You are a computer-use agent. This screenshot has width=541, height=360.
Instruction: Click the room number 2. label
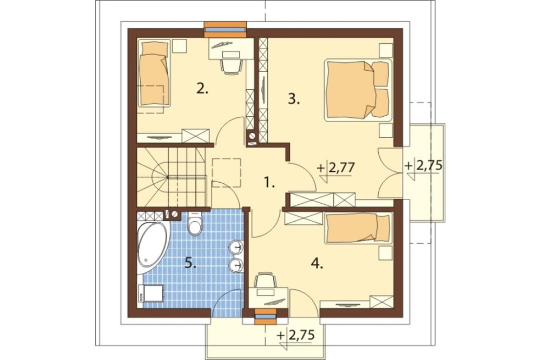coord(202,89)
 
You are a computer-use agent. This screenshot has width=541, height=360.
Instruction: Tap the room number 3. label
coord(294,99)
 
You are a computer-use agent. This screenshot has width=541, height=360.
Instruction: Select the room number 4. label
coord(316,264)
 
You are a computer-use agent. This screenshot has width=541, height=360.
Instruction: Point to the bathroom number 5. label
coord(190,264)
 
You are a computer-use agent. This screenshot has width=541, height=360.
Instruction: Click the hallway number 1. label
coord(269,182)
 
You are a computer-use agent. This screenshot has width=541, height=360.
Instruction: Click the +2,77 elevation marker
coord(336,168)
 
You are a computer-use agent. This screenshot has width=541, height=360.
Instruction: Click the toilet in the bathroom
coord(195,223)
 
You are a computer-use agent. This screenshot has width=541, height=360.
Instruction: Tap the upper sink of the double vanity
coord(236,246)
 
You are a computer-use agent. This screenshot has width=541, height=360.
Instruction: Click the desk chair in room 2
coord(230,65)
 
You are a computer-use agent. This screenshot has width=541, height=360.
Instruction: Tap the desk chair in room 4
coord(265,280)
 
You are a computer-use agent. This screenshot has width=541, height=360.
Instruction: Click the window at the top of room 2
coord(225,29)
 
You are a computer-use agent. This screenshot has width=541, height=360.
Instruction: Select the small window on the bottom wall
coord(266,317)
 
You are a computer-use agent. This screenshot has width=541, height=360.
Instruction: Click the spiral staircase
coord(171,177)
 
